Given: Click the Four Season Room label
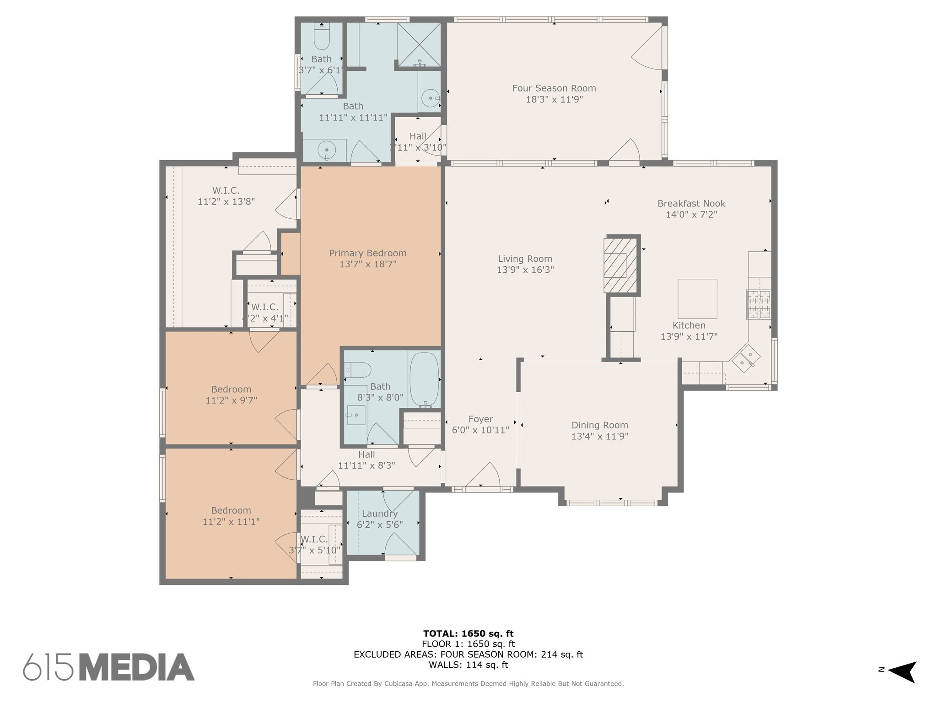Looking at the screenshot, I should point(554,88).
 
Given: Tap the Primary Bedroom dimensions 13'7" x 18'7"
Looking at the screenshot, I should point(367,265).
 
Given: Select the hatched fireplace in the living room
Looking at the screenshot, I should point(620,265).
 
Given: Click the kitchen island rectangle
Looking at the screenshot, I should point(697,299).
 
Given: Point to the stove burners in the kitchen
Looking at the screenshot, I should point(759,304).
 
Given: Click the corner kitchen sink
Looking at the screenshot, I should point(746,359).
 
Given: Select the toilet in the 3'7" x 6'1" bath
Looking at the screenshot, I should point(322,38).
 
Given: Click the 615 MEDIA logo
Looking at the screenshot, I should point(109,667).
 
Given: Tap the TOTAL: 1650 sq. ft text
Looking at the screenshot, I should point(468,633).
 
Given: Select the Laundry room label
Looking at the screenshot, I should point(379,514).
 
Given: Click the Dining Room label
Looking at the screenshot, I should point(599,425).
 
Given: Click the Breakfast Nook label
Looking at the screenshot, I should point(691,204).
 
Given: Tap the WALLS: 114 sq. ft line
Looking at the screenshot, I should point(468,665).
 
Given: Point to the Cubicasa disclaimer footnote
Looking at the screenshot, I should point(468,684).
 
